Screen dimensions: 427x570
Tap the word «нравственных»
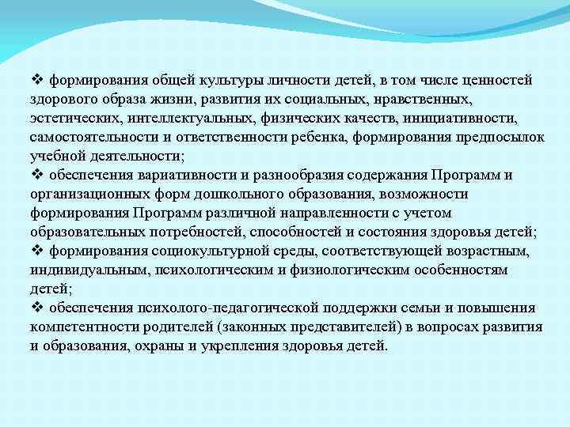[x=427, y=99]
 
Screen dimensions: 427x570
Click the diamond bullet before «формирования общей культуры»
[x=36, y=80]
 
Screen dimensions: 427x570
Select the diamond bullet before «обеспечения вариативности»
[x=36, y=175]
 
